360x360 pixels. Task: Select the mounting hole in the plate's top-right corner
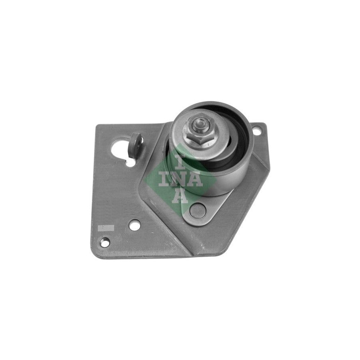257,131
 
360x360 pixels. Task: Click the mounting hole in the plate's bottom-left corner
105,242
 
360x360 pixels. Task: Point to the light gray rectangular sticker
106,228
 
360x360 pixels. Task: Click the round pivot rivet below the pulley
198,210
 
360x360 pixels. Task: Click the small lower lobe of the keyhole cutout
130,163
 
